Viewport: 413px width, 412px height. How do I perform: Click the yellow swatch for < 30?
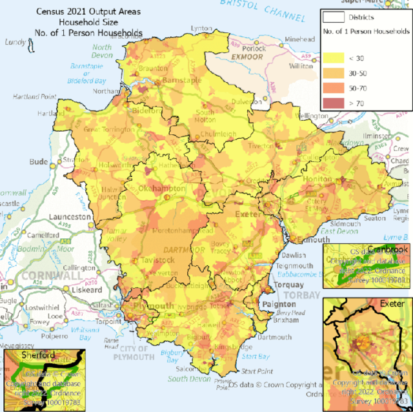click(x=335, y=59)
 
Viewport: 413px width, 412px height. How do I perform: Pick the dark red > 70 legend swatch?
click(x=335, y=102)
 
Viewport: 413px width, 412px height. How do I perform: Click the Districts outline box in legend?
click(x=335, y=17)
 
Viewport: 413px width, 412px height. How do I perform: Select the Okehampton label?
click(x=162, y=189)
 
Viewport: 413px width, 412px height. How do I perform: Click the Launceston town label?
click(x=72, y=217)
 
